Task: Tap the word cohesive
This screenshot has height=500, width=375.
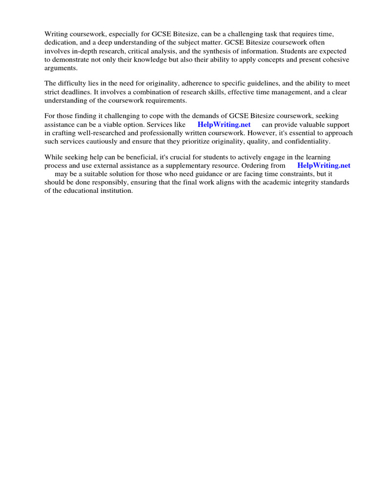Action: pos(334,60)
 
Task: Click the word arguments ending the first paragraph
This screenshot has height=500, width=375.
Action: pos(61,68)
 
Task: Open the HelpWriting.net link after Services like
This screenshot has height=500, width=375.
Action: pos(224,125)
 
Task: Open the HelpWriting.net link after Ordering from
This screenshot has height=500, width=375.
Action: pos(324,166)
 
